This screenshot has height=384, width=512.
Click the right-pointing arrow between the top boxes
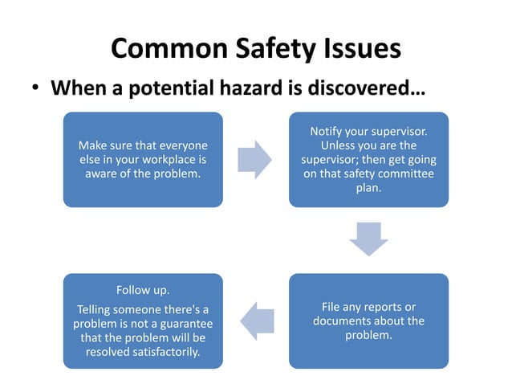(256, 159)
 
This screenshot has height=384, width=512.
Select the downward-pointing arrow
(369, 239)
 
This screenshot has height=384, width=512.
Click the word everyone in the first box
(181, 145)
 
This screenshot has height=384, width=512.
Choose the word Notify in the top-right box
(327, 131)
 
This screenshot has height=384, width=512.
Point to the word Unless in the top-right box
(338, 145)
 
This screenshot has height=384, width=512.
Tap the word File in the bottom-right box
(332, 307)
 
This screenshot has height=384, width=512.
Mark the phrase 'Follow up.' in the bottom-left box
(143, 290)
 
